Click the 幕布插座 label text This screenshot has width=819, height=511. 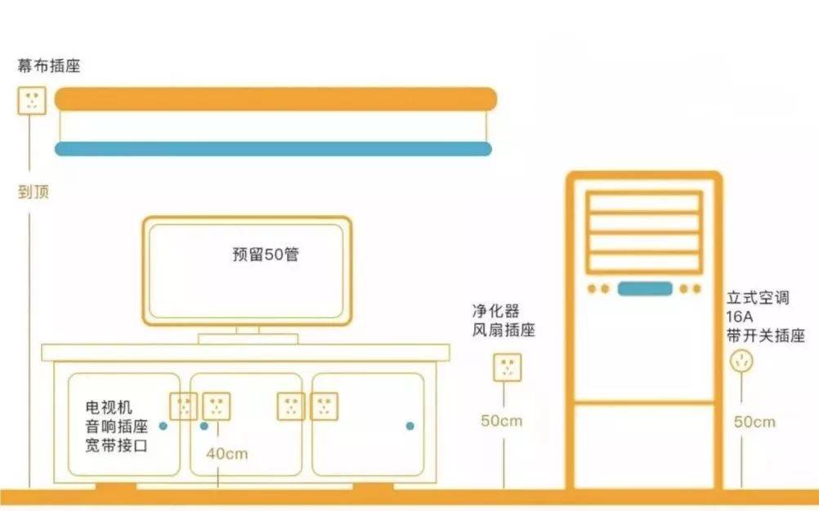tap(48, 66)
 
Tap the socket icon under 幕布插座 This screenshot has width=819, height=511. tap(32, 101)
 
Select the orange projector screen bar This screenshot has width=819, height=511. tap(275, 99)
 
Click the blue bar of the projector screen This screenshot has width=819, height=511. tap(273, 149)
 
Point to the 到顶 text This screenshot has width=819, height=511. tap(34, 192)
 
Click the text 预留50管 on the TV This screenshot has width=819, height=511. tap(266, 254)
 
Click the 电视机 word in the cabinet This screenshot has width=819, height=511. tap(109, 407)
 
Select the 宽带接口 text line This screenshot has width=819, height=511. tap(117, 446)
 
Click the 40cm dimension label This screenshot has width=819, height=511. tap(226, 454)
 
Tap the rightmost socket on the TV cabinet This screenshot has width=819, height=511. tap(324, 406)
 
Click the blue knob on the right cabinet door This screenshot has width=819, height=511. tap(410, 426)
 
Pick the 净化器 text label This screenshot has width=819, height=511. tap(495, 311)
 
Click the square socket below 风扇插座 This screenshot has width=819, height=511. tap(507, 367)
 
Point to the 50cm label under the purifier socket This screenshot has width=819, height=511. tap(501, 420)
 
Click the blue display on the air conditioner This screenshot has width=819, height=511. tap(645, 289)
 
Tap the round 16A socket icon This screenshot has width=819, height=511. tap(741, 361)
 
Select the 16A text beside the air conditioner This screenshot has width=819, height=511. tap(739, 316)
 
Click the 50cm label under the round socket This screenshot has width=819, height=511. tap(754, 422)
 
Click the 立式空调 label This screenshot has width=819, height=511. tap(758, 298)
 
